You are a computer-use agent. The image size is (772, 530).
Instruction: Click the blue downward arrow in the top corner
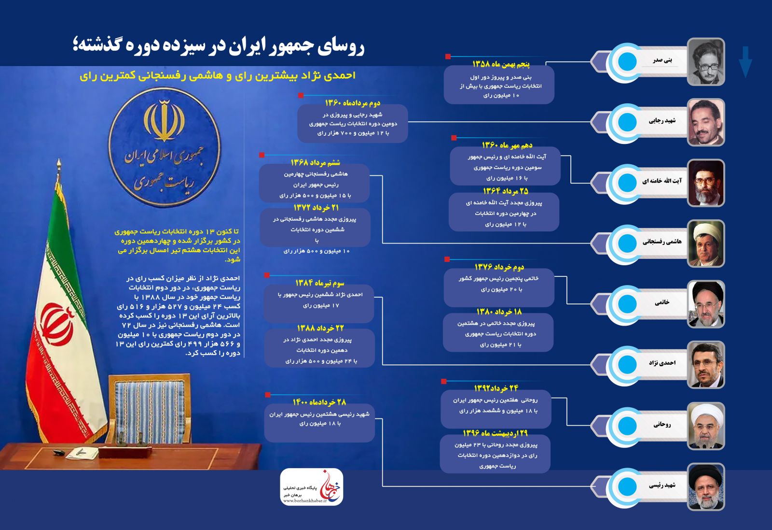(x=745, y=61)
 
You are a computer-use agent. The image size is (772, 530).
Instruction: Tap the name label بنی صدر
(x=662, y=60)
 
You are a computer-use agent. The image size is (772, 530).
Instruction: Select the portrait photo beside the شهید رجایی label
(x=705, y=122)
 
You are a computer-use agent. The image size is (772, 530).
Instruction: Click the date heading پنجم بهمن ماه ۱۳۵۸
(x=501, y=64)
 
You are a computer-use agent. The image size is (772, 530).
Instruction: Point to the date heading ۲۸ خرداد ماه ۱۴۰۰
(x=319, y=402)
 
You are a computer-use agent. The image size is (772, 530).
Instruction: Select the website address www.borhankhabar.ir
(x=305, y=501)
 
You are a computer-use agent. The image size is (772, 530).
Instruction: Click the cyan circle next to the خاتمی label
(x=627, y=303)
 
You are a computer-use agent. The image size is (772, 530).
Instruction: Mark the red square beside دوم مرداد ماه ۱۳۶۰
(x=301, y=96)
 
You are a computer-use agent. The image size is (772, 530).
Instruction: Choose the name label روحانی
(x=662, y=424)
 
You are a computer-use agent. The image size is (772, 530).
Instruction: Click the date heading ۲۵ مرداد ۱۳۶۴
(x=506, y=191)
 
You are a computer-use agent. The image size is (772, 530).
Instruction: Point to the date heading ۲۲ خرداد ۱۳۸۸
(x=320, y=329)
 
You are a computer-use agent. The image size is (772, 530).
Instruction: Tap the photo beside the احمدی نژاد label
(x=705, y=365)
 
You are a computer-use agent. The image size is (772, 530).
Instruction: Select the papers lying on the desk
(x=82, y=453)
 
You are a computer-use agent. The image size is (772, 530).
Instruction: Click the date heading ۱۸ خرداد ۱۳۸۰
(x=499, y=312)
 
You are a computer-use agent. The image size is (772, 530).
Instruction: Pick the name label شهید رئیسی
(x=662, y=485)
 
